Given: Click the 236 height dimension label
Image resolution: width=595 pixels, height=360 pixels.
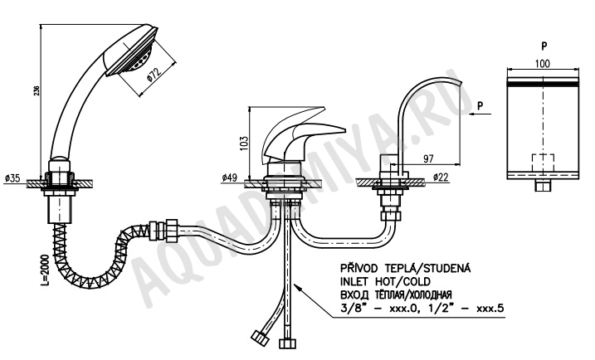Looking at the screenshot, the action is point(37,90).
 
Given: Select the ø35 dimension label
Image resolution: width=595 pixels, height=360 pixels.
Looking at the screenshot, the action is point(12,178).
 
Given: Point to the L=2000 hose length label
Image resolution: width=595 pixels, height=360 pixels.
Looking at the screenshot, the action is point(45,270).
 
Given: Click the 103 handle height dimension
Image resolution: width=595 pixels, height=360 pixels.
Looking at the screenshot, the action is point(244,144).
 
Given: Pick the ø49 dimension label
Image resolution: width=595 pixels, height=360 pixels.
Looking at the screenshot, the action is point(230,178).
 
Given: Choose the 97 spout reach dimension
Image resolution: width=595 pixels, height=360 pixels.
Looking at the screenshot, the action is point(428,158).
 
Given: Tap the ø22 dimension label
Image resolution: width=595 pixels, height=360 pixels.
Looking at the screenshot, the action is point(441,177).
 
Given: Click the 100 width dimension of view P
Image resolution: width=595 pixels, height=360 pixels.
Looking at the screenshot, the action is point(542,63).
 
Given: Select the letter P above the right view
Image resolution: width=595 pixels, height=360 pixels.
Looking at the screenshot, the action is point(544,46).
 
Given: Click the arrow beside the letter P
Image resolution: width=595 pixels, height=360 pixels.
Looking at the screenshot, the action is point(480,114).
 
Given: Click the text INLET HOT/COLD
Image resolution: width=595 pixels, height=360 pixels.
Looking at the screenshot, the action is point(386,281).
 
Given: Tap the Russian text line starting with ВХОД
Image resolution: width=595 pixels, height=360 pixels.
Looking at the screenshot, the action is point(396,294).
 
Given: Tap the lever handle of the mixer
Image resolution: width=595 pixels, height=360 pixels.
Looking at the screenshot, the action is point(304,133).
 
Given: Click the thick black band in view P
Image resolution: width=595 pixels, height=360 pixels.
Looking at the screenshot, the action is point(543,82).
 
